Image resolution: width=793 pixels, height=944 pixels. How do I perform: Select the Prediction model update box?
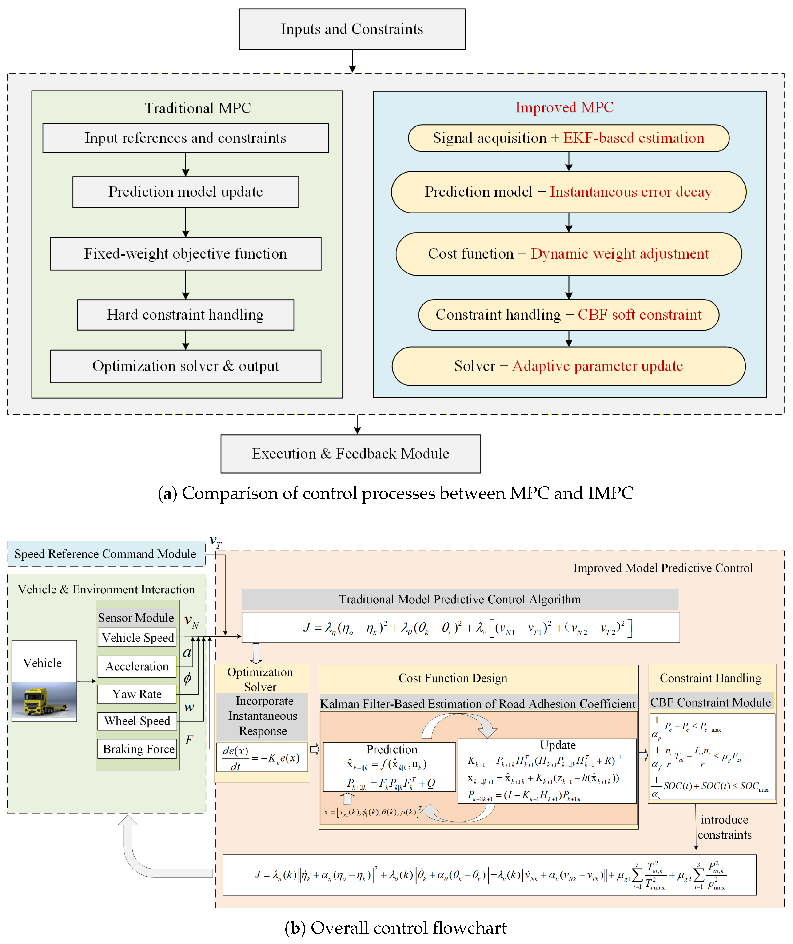coord(185,192)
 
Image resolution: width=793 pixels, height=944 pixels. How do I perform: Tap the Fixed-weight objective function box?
coord(185,254)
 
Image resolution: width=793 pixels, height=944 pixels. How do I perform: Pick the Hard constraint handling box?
coord(185,315)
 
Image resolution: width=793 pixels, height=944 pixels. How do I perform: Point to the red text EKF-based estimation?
coord(633,138)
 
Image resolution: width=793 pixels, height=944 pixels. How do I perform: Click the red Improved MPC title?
coord(564,107)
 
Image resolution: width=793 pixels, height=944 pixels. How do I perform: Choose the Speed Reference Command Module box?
coord(106,554)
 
